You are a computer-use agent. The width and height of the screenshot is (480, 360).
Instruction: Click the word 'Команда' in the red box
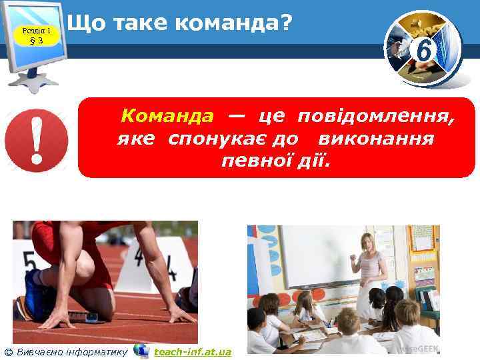167,117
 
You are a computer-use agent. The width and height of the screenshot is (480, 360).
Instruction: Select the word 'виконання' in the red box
377,139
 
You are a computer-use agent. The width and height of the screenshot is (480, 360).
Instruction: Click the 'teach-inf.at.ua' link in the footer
193,351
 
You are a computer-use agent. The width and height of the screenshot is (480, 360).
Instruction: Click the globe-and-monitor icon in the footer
141,351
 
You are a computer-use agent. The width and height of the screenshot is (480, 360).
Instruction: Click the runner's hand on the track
180,313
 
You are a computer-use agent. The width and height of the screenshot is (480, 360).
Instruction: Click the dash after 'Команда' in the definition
234,116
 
